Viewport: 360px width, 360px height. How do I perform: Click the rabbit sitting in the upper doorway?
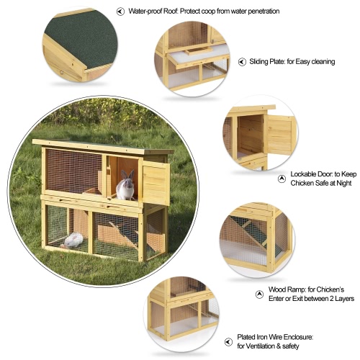[125, 185]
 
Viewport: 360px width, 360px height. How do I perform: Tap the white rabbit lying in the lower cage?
[73, 240]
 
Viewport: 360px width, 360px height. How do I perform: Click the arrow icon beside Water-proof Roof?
[120, 12]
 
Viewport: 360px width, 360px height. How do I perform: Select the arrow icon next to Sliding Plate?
[242, 62]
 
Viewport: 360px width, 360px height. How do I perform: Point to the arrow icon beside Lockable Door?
[282, 179]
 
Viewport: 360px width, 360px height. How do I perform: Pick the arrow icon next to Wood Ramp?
[259, 294]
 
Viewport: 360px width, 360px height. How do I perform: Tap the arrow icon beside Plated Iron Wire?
[228, 342]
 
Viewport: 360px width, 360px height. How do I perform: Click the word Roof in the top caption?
[171, 12]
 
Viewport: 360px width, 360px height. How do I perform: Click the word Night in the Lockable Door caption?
[344, 184]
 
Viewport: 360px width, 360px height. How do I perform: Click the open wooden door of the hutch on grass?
[156, 183]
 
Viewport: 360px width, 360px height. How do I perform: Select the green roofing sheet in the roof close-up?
[81, 38]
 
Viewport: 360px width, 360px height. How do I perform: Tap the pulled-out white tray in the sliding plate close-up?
[199, 57]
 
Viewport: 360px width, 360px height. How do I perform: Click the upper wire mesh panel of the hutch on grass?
[73, 171]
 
